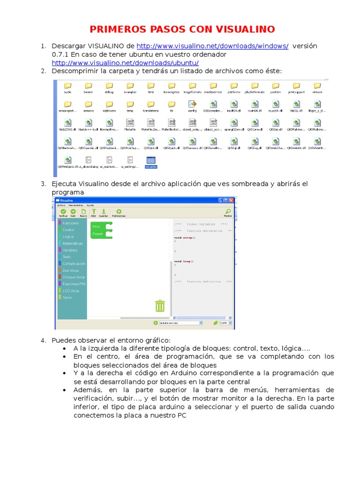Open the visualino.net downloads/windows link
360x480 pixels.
tap(212, 46)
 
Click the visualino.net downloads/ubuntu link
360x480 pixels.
tap(125, 63)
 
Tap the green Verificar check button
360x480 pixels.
tap(63, 212)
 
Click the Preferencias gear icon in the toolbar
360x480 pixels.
tap(119, 212)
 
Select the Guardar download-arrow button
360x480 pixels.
tap(103, 212)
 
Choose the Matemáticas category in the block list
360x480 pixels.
tap(73, 244)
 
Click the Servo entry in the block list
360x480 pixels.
tap(67, 297)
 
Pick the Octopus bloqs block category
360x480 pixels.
tap(74, 277)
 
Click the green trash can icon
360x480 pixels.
tap(160, 306)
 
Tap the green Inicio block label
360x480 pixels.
tap(97, 226)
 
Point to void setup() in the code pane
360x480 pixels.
tap(184, 238)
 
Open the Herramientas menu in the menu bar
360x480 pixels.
tap(76, 205)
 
